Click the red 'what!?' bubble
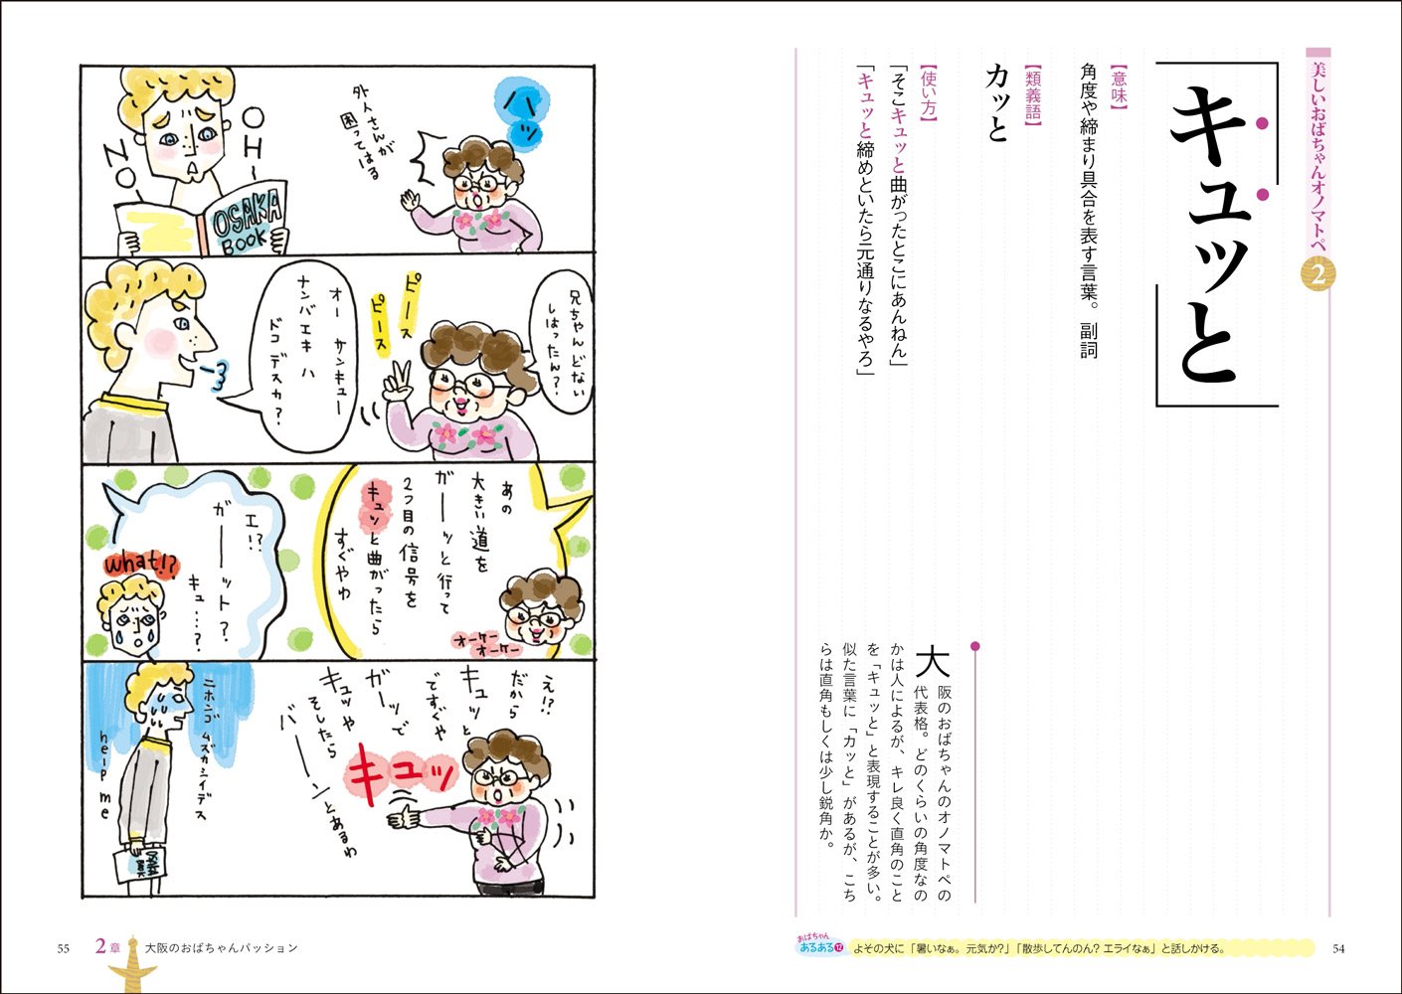click(138, 564)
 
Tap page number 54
click(1338, 948)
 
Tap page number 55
click(63, 948)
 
